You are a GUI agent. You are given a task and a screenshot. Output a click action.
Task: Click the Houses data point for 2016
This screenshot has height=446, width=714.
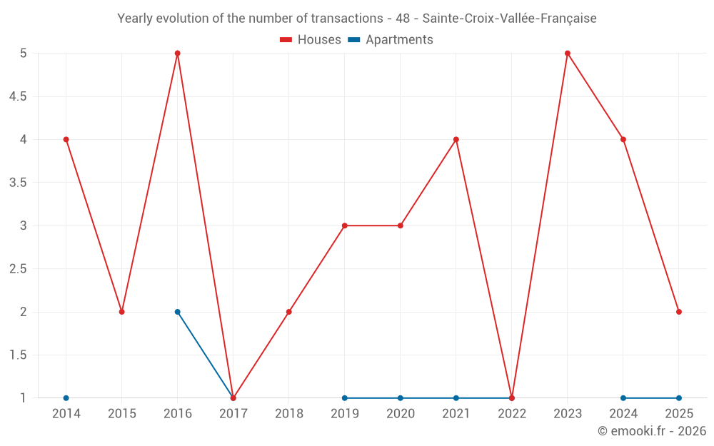(x=178, y=54)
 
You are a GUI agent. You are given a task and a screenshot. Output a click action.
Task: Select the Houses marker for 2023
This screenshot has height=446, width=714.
(x=568, y=54)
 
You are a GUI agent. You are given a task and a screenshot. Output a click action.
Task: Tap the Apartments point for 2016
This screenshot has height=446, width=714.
(x=178, y=312)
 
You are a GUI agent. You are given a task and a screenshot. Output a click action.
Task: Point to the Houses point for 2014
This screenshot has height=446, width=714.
(x=66, y=140)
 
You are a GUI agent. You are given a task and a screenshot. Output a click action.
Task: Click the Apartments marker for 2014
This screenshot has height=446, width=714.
(x=66, y=398)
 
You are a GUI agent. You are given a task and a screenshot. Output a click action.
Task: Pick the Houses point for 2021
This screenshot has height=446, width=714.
(x=456, y=140)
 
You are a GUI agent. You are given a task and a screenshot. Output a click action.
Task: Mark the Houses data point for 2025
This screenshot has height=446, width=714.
(x=679, y=312)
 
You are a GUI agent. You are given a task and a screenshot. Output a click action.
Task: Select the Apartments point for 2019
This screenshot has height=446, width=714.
(x=345, y=398)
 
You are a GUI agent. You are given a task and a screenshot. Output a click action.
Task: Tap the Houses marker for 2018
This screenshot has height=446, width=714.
(x=289, y=312)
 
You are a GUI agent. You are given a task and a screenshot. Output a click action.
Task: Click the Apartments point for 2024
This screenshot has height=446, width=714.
(x=623, y=398)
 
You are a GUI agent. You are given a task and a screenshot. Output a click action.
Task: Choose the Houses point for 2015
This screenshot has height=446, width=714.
(x=122, y=312)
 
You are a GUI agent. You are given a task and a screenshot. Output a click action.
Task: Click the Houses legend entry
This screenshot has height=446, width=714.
(x=311, y=40)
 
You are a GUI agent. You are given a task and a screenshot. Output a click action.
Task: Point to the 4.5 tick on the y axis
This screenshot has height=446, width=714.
(x=18, y=96)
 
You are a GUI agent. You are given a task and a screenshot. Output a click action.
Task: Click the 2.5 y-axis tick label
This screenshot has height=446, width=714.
(x=18, y=269)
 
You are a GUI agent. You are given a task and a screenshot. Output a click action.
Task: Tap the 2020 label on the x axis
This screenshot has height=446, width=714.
(x=401, y=414)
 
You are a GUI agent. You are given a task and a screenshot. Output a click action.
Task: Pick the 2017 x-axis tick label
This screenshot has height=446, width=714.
(x=233, y=414)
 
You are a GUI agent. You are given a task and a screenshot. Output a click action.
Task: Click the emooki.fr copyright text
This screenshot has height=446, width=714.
(x=651, y=431)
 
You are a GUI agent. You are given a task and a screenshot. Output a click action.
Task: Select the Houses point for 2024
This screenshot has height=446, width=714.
(x=623, y=140)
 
